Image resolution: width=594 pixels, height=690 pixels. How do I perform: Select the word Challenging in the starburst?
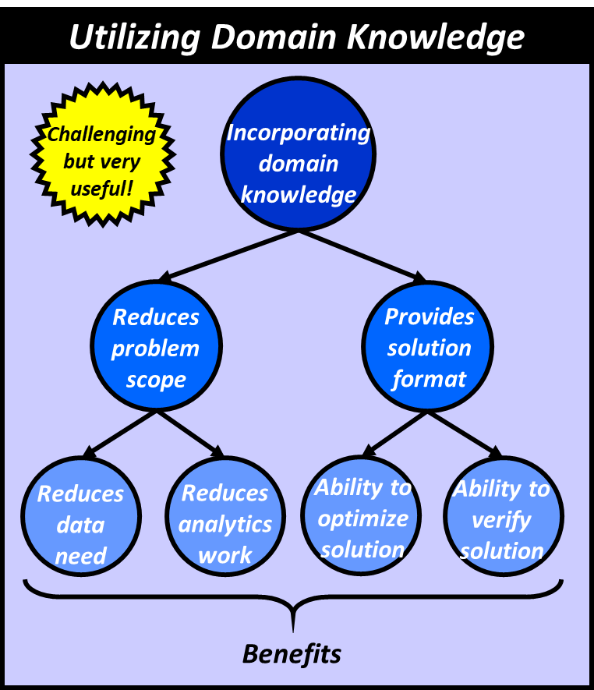(101, 134)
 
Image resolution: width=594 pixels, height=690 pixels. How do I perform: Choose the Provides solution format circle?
(429, 348)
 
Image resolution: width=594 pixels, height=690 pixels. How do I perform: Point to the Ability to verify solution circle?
(503, 518)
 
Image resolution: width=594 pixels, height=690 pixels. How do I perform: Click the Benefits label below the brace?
(292, 654)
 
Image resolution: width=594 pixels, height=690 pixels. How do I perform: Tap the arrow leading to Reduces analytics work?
(190, 433)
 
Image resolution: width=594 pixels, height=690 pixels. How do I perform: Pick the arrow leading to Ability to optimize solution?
(394, 433)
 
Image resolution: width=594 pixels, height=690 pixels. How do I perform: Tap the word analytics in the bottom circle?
(225, 524)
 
